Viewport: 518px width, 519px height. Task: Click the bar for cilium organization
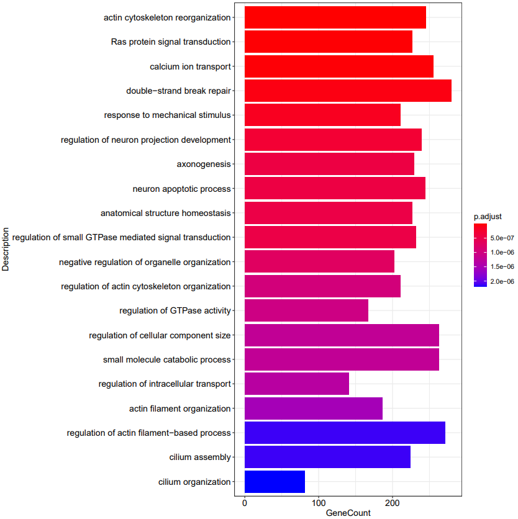click(275, 482)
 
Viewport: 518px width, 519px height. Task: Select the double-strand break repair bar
click(348, 91)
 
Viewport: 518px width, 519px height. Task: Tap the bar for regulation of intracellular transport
click(297, 384)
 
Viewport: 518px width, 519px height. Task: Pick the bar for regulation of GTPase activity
click(306, 310)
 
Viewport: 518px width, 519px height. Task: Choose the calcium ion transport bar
click(339, 66)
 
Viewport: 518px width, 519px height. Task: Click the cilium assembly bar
click(327, 457)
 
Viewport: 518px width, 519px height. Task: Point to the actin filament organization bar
click(314, 408)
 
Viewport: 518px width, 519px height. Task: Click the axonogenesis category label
click(204, 165)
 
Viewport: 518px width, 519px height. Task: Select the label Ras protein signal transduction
click(171, 42)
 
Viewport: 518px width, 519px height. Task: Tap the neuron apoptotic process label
click(181, 189)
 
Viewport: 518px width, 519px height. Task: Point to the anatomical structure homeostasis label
click(165, 213)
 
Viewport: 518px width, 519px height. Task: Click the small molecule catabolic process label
click(166, 359)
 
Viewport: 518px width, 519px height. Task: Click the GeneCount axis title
click(348, 513)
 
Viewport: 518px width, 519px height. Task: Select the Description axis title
click(6, 250)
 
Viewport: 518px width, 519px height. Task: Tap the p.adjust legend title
click(488, 217)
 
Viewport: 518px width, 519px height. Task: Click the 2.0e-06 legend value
click(502, 281)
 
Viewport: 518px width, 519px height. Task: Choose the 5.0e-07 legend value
click(502, 238)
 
